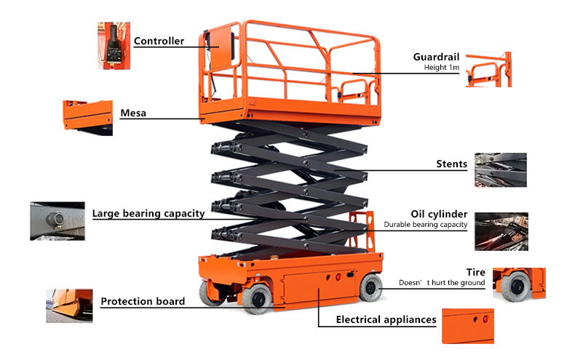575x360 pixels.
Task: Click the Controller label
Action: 159,41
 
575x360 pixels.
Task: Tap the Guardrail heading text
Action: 435,57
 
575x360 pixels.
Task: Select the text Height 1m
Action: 442,68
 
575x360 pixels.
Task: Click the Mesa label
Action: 133,113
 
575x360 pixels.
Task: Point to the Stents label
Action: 451,164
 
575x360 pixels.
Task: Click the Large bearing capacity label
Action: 148,214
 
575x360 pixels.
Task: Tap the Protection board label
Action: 143,301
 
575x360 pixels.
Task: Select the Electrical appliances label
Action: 386,319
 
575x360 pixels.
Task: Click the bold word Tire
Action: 475,272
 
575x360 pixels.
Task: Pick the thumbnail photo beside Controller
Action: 114,45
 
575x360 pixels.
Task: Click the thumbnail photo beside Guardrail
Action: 488,69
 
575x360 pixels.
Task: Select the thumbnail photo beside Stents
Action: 500,172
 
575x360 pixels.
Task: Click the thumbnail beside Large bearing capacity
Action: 56,221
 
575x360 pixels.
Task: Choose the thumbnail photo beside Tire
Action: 518,284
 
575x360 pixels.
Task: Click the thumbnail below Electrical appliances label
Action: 468,326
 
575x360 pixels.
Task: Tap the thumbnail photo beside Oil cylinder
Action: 501,231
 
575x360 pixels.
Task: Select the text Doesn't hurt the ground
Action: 442,283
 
